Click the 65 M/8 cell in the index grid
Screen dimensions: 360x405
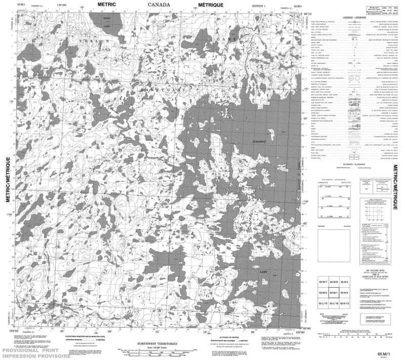point(335,283)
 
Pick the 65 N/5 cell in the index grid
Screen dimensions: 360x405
point(346,283)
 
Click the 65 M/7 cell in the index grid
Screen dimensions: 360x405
point(323,283)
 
